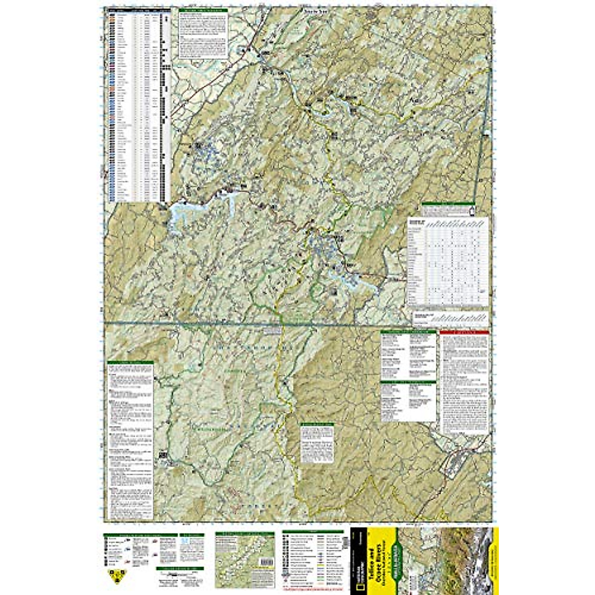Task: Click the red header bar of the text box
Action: (x=465, y=333)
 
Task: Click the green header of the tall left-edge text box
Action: (x=130, y=363)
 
